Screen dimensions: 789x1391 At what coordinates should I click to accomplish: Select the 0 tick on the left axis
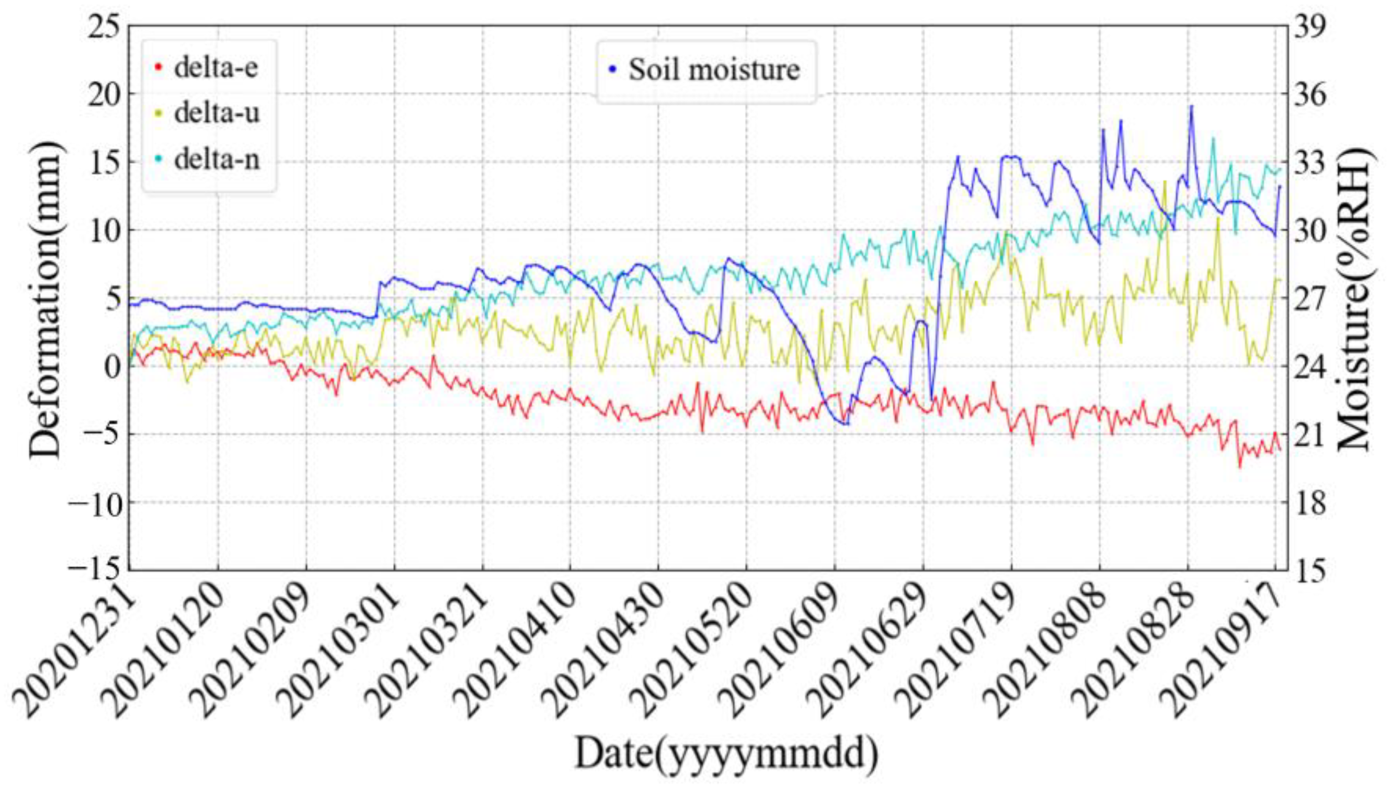tap(111, 367)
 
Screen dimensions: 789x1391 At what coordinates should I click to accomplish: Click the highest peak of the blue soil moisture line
tap(1191, 106)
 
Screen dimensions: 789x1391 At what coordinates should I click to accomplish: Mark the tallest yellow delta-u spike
tap(1165, 181)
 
